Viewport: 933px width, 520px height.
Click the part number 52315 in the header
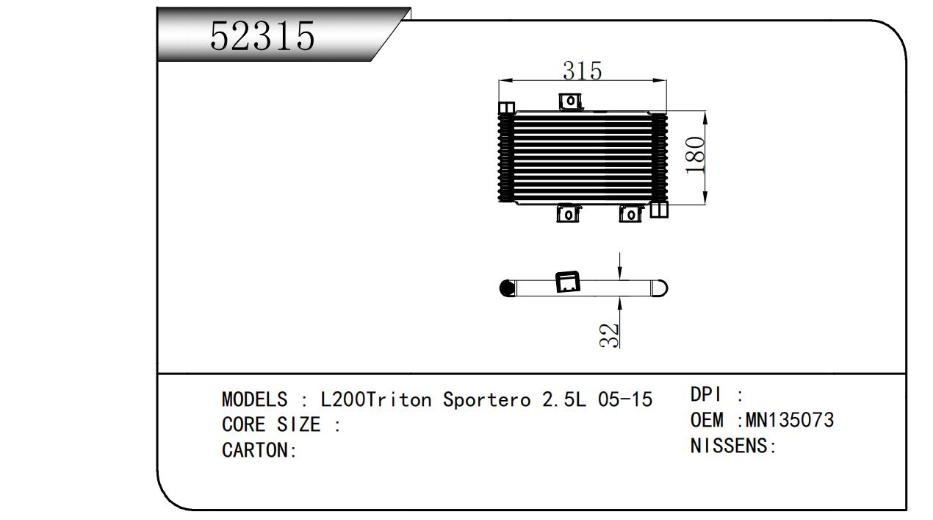(262, 36)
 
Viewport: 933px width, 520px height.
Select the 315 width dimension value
(583, 71)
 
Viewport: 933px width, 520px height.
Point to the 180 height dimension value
(695, 154)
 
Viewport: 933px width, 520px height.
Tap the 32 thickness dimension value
(609, 335)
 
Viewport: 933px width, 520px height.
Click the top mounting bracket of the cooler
(570, 101)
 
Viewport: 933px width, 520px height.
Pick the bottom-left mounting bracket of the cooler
(568, 213)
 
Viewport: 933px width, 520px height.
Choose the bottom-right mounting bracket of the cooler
(630, 213)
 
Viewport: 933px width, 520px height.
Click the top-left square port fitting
(506, 107)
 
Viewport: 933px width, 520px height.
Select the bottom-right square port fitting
(659, 210)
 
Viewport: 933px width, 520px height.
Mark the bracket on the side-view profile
(568, 282)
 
